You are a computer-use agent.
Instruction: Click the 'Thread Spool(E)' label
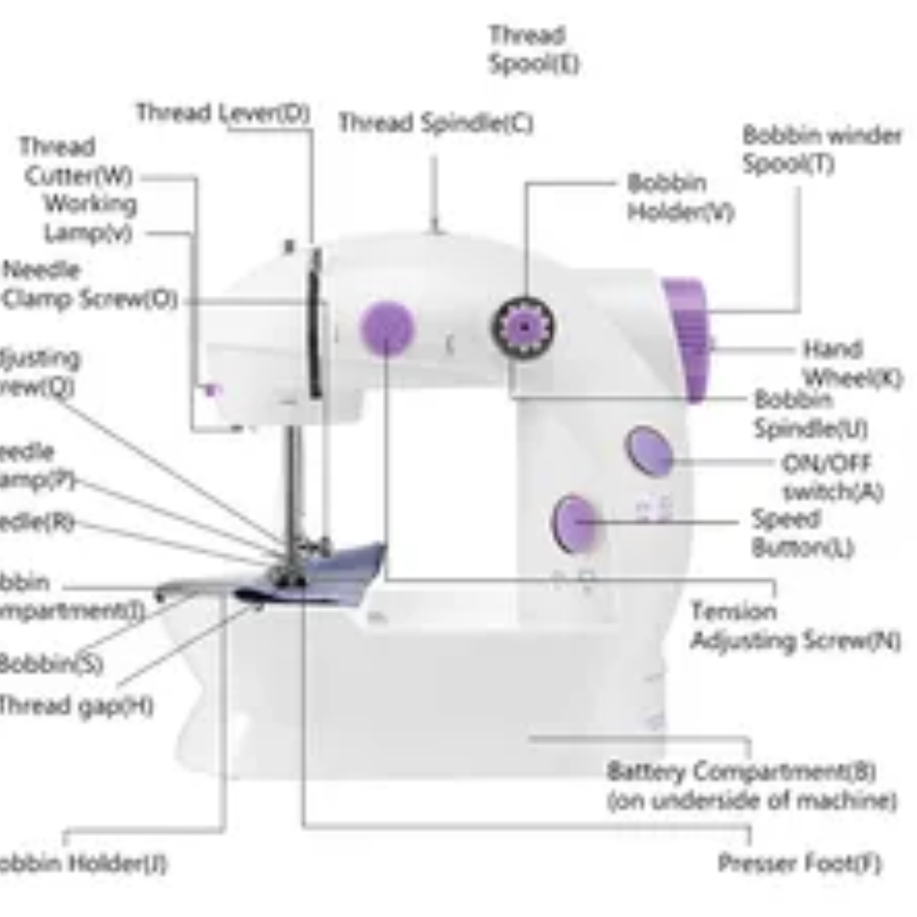tap(533, 50)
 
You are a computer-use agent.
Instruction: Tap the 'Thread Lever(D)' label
tap(222, 113)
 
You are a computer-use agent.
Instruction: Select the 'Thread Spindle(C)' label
tap(436, 123)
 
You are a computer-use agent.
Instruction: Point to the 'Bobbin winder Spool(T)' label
tap(822, 149)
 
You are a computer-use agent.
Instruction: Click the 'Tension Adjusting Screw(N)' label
tap(795, 626)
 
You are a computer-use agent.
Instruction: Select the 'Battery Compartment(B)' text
tap(740, 773)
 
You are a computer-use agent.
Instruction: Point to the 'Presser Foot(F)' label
tap(799, 864)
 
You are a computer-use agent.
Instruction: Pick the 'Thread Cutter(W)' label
tap(76, 161)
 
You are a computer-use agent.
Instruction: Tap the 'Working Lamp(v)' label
tap(90, 218)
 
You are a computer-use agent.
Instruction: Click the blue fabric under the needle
tap(340, 568)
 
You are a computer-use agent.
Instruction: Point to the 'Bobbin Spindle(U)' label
tap(810, 413)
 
